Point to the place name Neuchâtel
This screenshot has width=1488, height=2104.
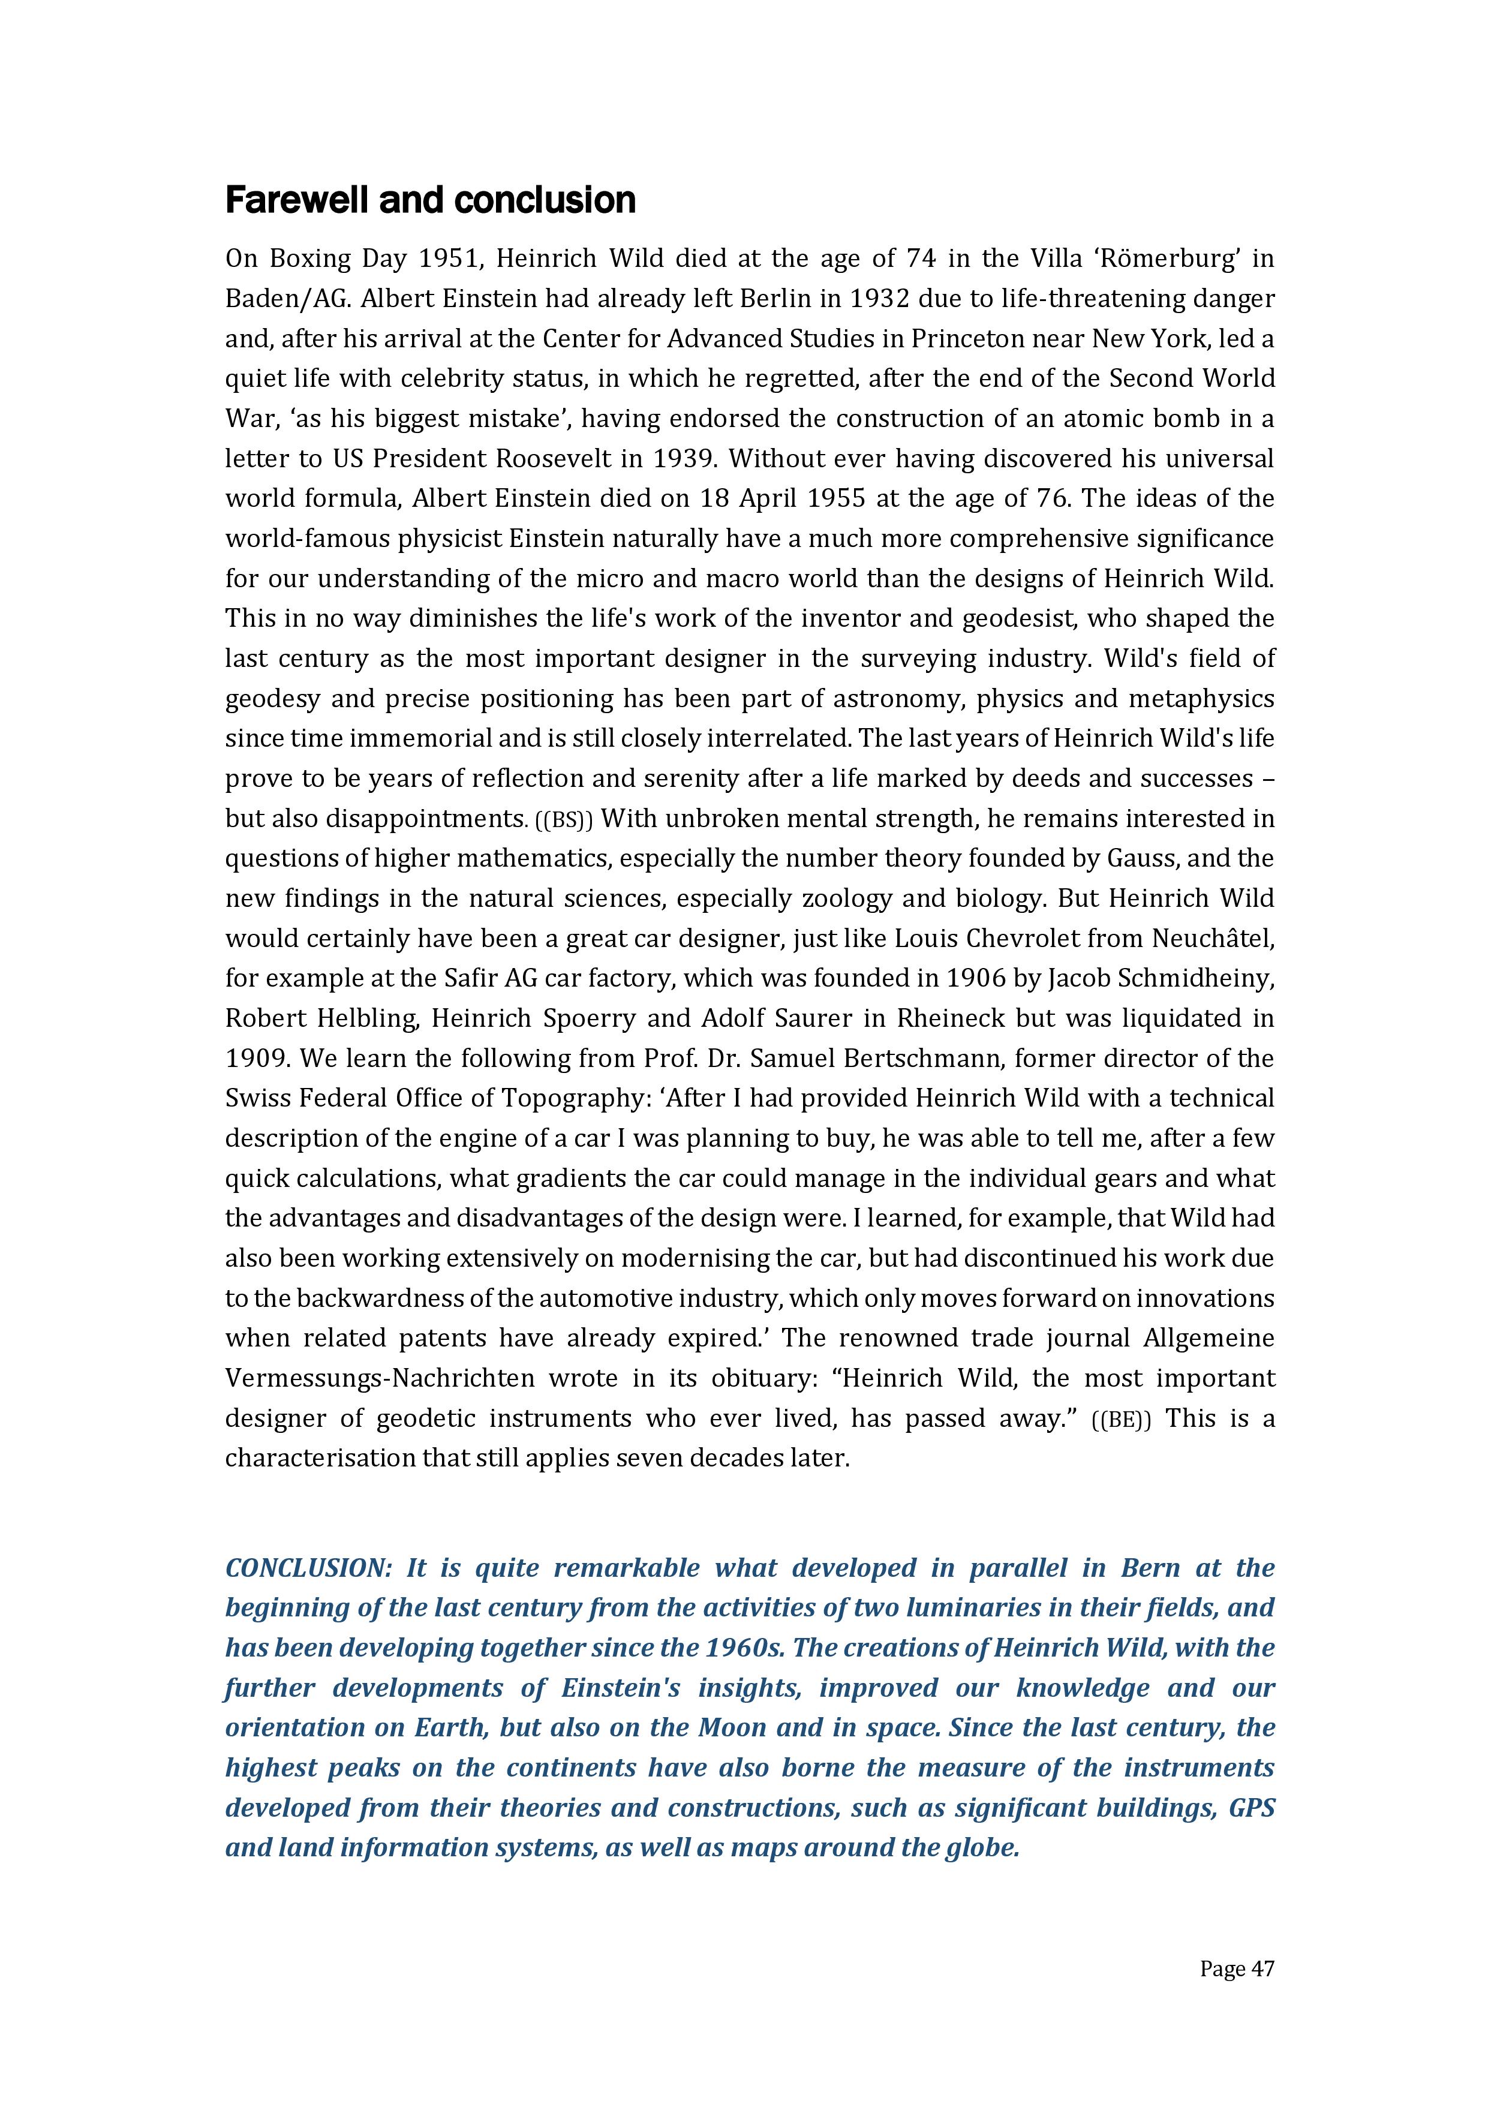1212,939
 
